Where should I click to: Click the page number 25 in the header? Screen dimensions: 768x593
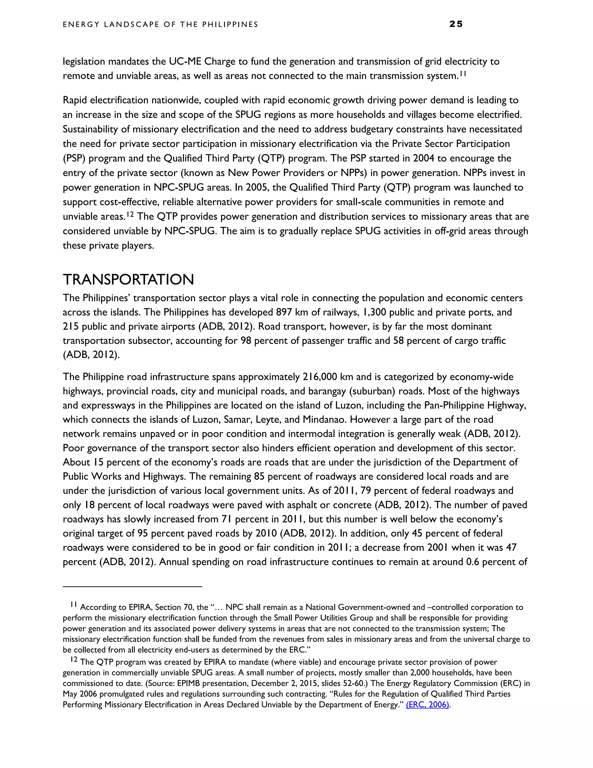click(x=456, y=24)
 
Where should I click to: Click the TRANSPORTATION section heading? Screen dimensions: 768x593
click(x=128, y=280)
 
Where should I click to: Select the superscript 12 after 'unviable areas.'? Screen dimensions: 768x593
click(x=130, y=214)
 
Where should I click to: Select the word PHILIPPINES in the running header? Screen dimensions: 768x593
click(x=230, y=24)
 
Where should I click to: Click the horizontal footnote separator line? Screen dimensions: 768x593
click(x=132, y=587)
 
